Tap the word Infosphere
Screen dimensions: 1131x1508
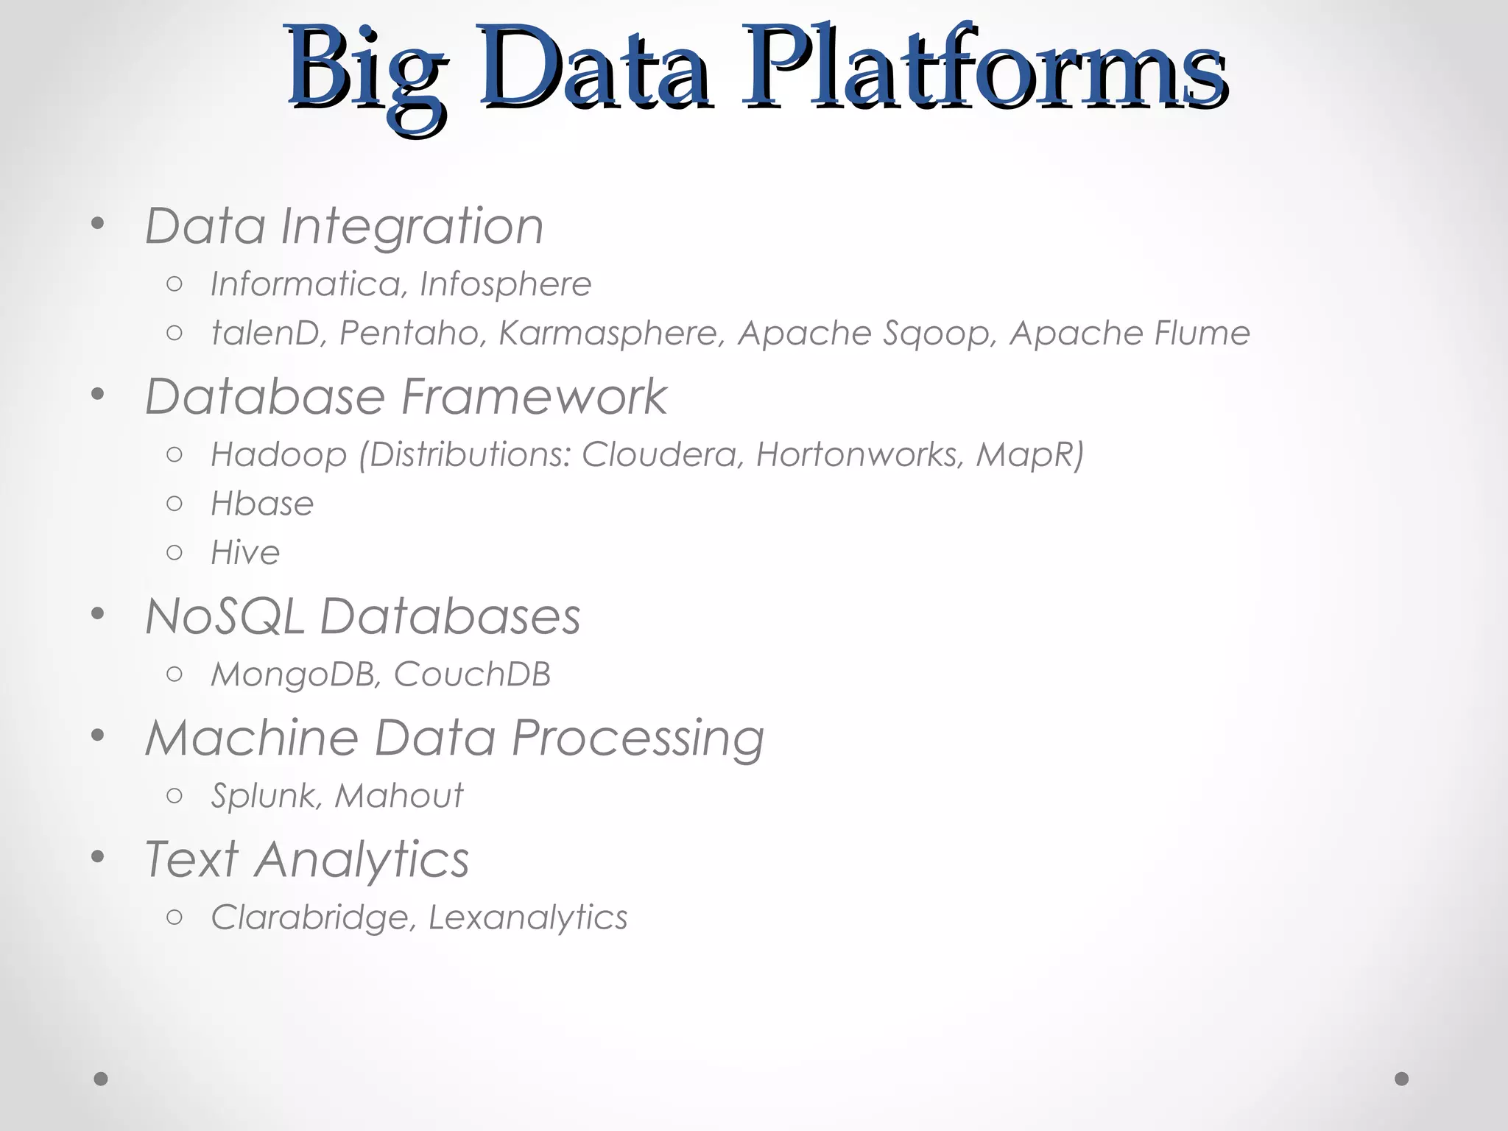click(x=505, y=284)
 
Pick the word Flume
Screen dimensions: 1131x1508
click(x=1202, y=334)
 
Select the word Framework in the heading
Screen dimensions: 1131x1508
click(x=534, y=397)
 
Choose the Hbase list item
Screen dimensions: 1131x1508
click(x=262, y=504)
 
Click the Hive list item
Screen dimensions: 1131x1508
click(x=245, y=553)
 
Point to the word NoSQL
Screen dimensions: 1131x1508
click(x=225, y=616)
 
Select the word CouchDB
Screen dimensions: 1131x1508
click(x=472, y=674)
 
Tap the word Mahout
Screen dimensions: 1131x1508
click(x=398, y=796)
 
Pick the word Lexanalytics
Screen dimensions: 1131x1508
click(x=528, y=917)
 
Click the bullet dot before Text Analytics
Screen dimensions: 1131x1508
click(x=98, y=857)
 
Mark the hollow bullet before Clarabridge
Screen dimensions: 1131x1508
click(x=175, y=917)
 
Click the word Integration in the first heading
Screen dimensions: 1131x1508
click(x=412, y=227)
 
